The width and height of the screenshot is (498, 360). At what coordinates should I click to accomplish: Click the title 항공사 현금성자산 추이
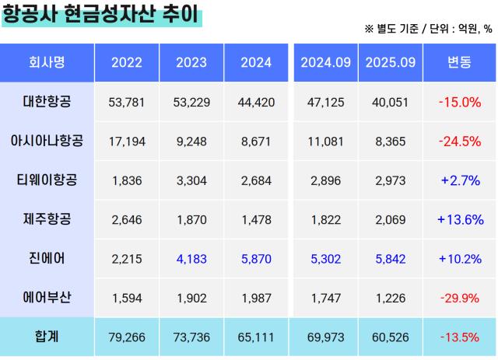(x=101, y=15)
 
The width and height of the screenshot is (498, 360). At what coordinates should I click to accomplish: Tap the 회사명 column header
(x=47, y=62)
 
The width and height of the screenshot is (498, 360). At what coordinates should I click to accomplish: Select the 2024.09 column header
(x=325, y=62)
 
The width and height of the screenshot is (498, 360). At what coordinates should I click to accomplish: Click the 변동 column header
(x=460, y=62)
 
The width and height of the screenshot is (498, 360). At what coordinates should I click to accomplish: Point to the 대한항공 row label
(x=47, y=101)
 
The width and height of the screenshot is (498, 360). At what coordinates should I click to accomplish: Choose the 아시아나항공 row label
(x=47, y=141)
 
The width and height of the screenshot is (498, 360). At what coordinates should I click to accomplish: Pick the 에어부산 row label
(x=47, y=297)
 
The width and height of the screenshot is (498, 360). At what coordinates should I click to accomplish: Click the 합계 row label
(x=47, y=337)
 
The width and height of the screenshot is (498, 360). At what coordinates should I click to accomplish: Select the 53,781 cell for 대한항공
(x=127, y=102)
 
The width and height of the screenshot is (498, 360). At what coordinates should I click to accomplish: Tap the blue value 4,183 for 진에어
(x=191, y=259)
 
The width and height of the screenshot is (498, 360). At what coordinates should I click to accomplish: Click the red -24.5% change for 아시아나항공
(x=460, y=141)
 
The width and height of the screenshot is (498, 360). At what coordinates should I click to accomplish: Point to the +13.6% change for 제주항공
(x=460, y=220)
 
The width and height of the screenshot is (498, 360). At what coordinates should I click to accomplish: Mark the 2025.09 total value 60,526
(x=390, y=337)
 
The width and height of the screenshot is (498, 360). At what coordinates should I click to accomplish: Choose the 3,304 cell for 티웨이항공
(x=191, y=180)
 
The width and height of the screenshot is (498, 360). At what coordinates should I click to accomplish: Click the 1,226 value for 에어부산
(x=390, y=298)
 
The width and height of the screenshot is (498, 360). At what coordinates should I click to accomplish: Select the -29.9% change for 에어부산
(x=460, y=298)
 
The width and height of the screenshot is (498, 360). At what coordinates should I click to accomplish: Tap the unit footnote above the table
(x=427, y=29)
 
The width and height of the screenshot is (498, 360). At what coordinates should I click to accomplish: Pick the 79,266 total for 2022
(x=127, y=337)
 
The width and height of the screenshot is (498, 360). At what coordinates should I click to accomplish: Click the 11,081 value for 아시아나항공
(x=325, y=142)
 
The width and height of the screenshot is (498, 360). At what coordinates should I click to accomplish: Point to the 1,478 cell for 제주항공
(x=256, y=220)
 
